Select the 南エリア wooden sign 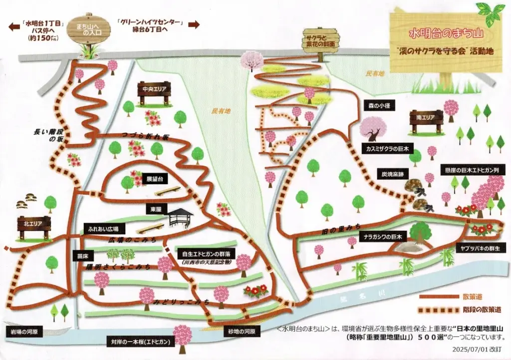pos(426,118)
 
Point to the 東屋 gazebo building pos(180,217)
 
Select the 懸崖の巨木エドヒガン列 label pos(472,170)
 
